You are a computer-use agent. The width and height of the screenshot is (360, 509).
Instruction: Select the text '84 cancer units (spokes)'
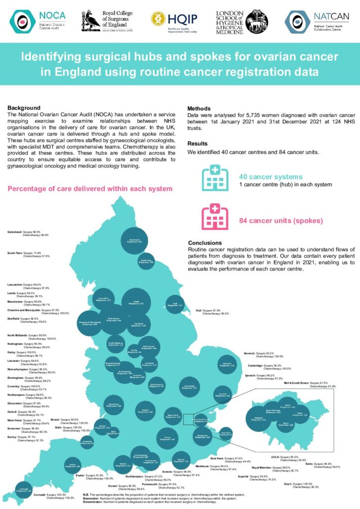point(280,221)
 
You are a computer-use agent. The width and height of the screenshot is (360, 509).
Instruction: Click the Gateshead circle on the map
point(131,242)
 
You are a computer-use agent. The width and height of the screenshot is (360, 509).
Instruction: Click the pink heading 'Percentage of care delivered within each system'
point(90,189)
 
